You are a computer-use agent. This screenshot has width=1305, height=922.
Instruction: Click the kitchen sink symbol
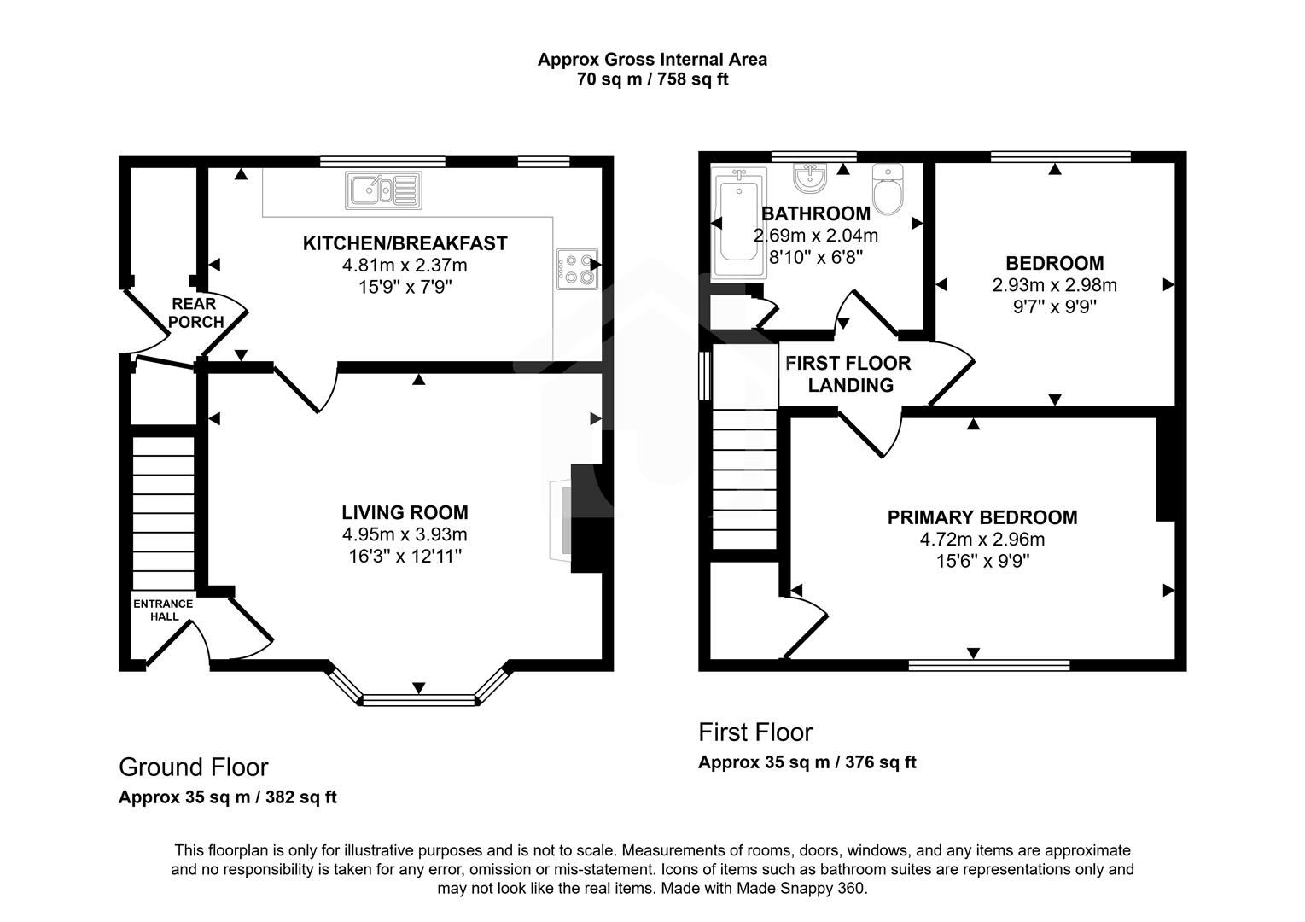(383, 190)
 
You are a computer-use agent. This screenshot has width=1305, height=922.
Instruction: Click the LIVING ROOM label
(405, 512)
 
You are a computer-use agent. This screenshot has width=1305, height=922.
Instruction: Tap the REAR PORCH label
(195, 312)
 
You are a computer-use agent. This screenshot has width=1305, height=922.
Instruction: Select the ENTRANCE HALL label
(163, 610)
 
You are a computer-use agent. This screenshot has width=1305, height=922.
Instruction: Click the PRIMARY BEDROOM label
(982, 517)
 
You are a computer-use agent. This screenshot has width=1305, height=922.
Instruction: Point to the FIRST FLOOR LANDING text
(848, 374)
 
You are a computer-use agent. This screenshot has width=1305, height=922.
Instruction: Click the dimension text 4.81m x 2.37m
(405, 266)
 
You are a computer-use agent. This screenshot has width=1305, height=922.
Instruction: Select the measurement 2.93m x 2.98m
(1054, 285)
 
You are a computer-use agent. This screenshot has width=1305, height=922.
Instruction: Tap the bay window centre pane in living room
(418, 700)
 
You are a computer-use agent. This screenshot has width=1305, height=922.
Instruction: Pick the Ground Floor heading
(194, 767)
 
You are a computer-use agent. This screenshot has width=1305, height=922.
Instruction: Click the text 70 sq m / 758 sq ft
(652, 80)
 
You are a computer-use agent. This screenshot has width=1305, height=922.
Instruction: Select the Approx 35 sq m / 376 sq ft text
(807, 762)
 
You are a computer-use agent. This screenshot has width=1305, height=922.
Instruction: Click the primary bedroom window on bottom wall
(988, 664)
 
